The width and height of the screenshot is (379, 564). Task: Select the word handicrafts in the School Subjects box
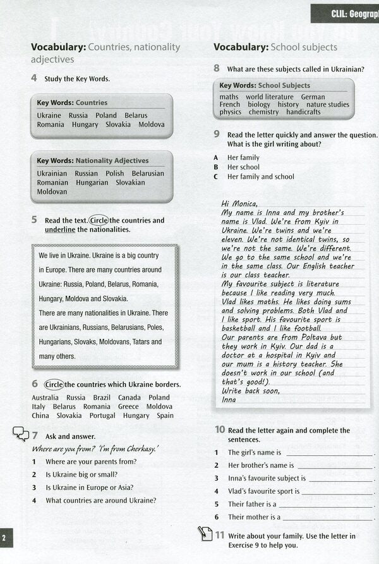tap(303, 112)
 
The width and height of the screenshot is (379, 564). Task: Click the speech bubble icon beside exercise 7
tap(21, 434)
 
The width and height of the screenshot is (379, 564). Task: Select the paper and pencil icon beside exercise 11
tap(205, 534)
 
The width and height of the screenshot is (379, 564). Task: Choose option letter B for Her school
tap(216, 167)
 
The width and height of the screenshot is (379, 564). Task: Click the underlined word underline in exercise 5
tap(60, 230)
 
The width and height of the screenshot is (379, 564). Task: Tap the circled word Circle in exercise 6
tap(54, 384)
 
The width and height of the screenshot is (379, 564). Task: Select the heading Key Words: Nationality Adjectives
tap(93, 161)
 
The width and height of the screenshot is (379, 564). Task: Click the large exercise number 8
tap(217, 68)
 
